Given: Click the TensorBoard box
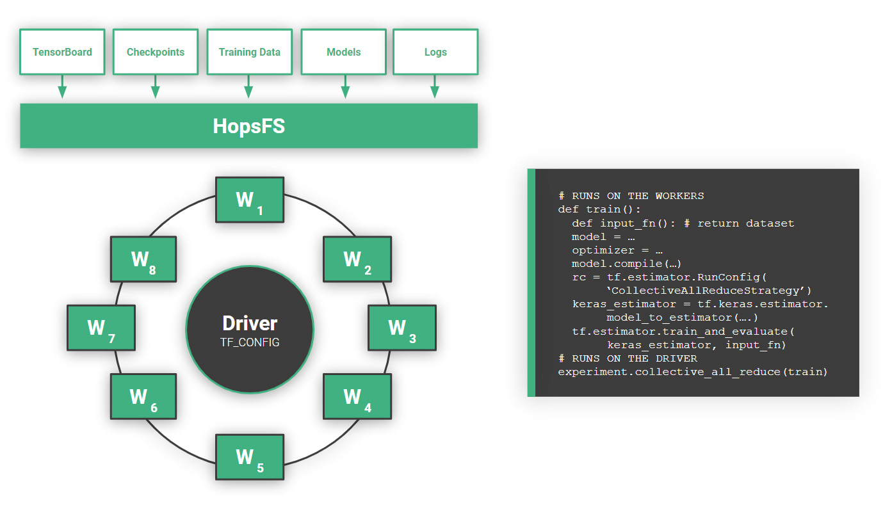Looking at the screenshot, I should click(x=62, y=52).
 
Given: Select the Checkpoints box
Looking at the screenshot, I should click(x=155, y=52).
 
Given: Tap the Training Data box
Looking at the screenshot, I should click(x=249, y=52).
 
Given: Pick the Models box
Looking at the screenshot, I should click(x=344, y=52).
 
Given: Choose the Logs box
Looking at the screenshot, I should click(x=435, y=52).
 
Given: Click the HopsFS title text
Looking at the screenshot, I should click(x=248, y=126).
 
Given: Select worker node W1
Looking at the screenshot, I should click(x=250, y=200).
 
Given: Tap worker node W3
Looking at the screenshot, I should click(x=401, y=328).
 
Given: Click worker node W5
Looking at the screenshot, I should click(x=249, y=457).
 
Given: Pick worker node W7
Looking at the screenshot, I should click(x=101, y=328).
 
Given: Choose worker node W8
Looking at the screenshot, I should click(x=143, y=259).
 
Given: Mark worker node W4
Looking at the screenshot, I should click(x=357, y=397).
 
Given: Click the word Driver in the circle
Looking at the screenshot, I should click(x=250, y=323).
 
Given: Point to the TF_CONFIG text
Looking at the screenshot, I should click(x=250, y=342).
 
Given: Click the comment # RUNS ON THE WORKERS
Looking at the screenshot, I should click(x=631, y=196).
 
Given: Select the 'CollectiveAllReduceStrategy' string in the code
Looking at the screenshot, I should click(x=708, y=291).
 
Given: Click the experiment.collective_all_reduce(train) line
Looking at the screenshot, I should click(x=692, y=371).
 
